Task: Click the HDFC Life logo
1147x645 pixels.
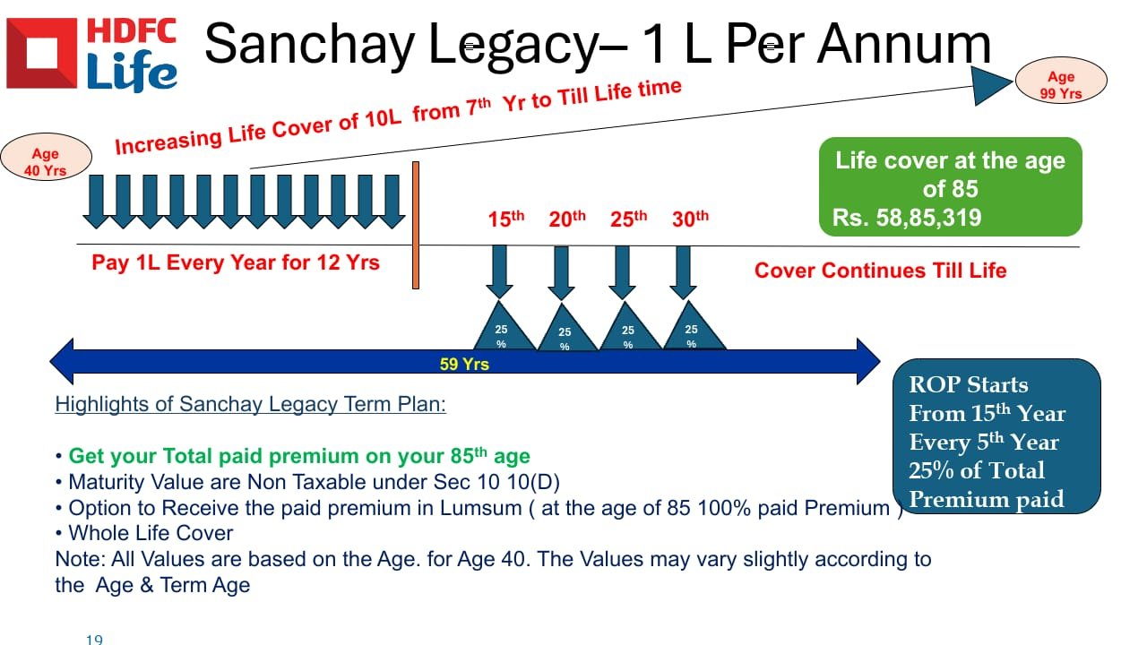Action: coord(92,54)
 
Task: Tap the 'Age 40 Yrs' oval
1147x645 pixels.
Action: coord(46,157)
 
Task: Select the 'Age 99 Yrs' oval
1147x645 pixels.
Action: coord(1061,81)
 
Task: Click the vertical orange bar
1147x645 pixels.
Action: coord(416,225)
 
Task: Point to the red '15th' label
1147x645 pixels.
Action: coord(506,219)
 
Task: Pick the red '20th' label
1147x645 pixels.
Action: coord(567,219)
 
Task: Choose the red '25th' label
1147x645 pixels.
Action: coord(628,219)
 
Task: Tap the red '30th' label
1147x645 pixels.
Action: coord(690,219)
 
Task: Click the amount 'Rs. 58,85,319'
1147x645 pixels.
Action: coord(907,218)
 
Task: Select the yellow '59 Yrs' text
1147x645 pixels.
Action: coord(464,364)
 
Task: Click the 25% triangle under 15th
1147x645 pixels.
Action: coord(504,328)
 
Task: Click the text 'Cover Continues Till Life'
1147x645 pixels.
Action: coord(880,271)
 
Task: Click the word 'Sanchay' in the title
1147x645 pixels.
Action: coord(309,45)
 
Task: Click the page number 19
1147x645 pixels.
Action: coord(94,639)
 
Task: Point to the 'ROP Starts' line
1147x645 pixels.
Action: coord(969,385)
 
